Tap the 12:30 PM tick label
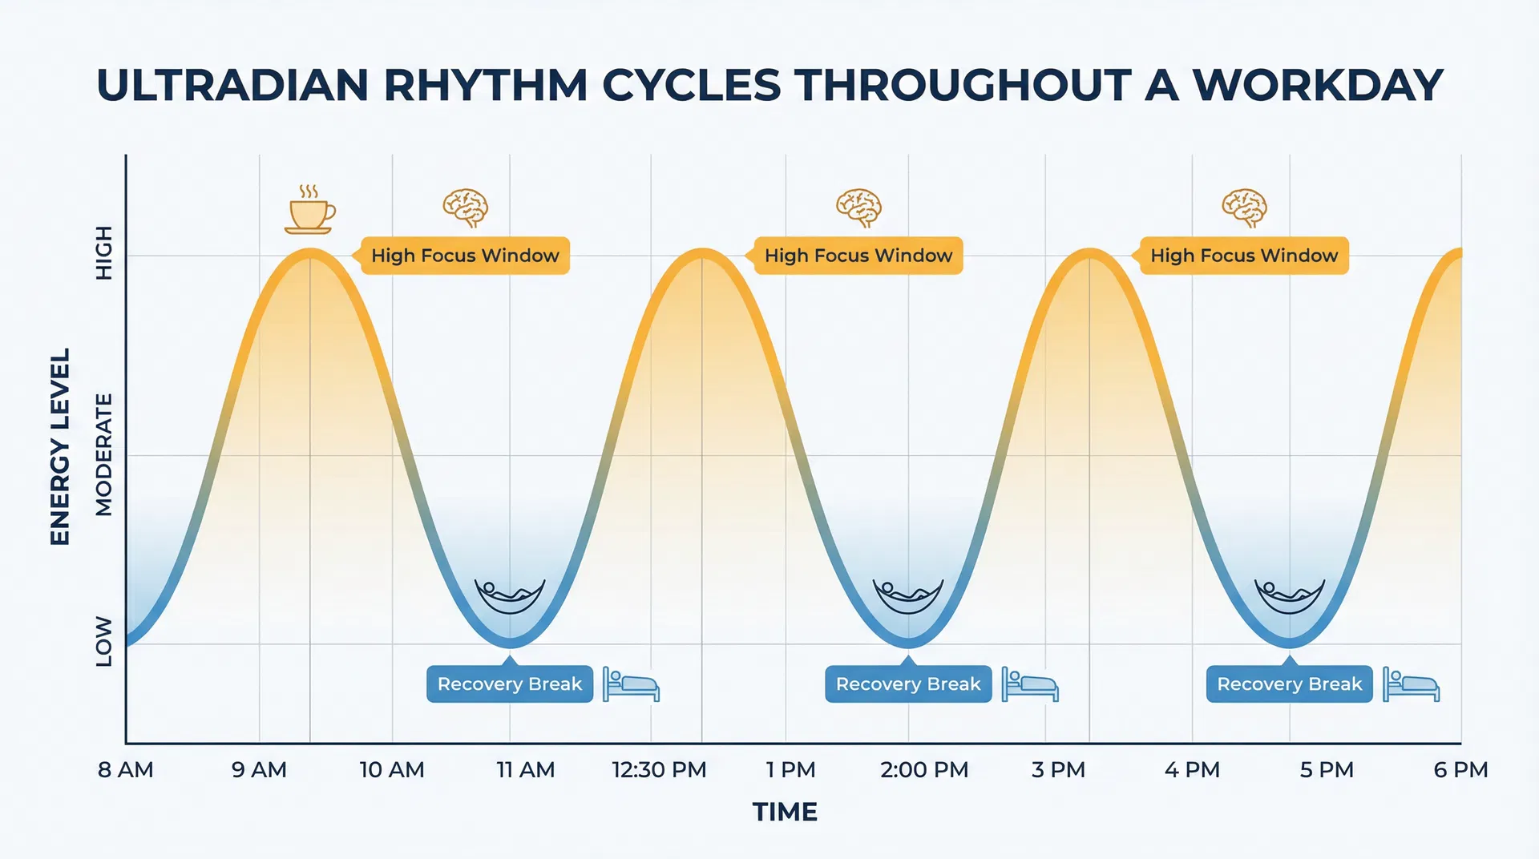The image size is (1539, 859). click(659, 770)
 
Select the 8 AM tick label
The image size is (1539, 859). click(125, 770)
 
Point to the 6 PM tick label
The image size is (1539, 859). click(1460, 770)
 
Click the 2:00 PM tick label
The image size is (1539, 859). click(923, 770)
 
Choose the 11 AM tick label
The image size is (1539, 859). click(525, 770)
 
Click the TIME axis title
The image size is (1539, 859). click(785, 812)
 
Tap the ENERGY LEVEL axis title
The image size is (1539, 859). click(60, 446)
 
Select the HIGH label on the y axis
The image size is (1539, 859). click(104, 252)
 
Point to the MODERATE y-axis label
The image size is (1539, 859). click(104, 454)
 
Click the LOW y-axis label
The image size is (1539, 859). click(104, 641)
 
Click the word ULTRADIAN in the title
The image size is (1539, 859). click(232, 85)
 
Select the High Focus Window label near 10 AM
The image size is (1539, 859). click(465, 256)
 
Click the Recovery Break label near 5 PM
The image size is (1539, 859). click(1289, 684)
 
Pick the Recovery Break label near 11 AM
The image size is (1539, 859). click(510, 684)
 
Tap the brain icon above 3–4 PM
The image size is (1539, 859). click(1244, 208)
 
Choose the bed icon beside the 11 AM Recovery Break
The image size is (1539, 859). click(631, 685)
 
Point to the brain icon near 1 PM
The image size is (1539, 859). click(858, 208)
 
